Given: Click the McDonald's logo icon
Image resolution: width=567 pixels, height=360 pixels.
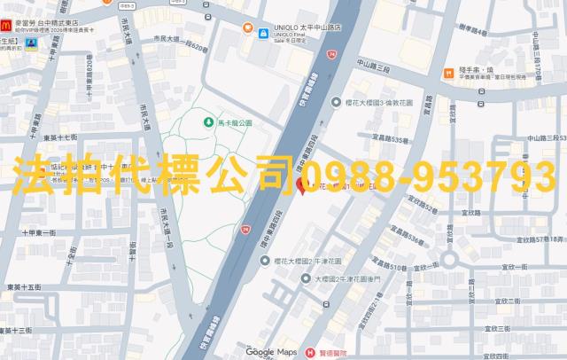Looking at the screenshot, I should point(7,19).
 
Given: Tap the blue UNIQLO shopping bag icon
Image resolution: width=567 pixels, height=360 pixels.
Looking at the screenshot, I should point(264,33).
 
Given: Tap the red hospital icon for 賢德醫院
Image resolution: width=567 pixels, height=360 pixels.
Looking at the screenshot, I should point(309,352).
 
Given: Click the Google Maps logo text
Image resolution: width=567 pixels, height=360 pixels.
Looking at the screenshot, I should point(272,352).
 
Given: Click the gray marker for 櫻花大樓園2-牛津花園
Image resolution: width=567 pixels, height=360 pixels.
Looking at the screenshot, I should point(265,261).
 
